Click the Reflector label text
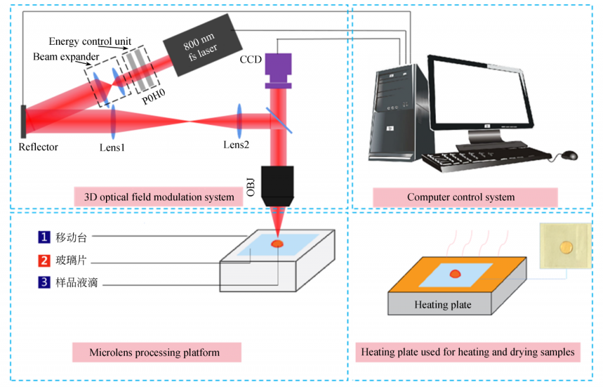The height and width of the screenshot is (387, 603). pos(38,147)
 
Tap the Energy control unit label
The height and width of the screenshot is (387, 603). pos(90,41)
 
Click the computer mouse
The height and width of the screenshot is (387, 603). pos(569,156)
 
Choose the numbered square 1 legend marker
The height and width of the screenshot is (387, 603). pos(44,238)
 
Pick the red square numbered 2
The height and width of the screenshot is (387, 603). pos(44,260)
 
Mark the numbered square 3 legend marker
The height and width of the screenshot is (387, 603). pos(44,283)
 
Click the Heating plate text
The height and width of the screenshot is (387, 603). pos(443,305)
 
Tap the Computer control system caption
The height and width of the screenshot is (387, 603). pos(460,197)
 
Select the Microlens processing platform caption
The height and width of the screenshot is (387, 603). pos(154,353)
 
